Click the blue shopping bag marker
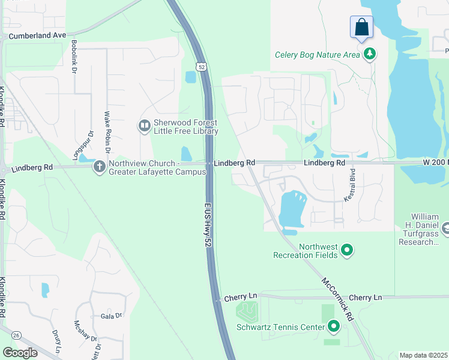coord(361,27)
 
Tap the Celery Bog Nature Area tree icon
coord(370,55)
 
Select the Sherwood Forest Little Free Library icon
coord(144,126)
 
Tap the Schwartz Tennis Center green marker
coord(334,327)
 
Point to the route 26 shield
coord(15,335)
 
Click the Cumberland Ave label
coord(37,35)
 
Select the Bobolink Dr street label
coord(74,57)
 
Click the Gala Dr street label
coord(111,316)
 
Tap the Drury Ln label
coord(56,341)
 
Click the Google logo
coord(20,353)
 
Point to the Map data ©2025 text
coord(423,355)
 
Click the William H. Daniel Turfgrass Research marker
coord(445,228)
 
